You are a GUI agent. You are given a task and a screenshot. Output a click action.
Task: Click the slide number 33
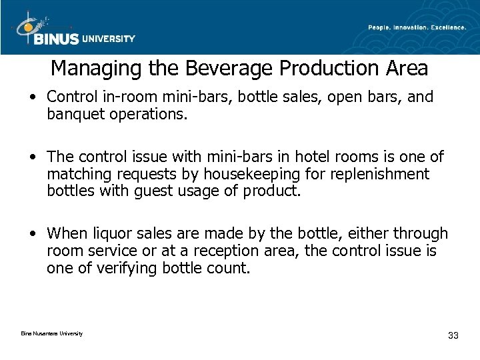[x=454, y=335]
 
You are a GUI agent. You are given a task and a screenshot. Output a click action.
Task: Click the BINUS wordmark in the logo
[x=55, y=39]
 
